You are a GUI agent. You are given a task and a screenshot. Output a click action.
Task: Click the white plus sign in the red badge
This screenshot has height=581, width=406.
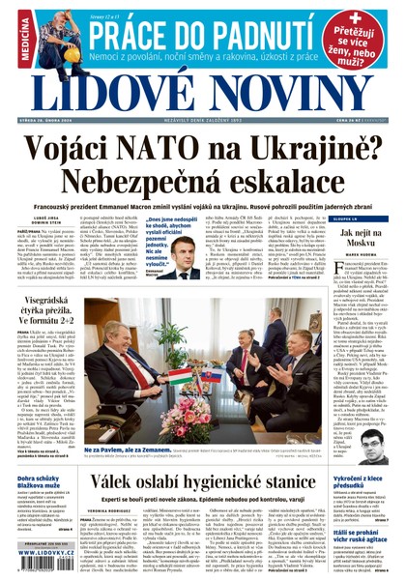point(356,18)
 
